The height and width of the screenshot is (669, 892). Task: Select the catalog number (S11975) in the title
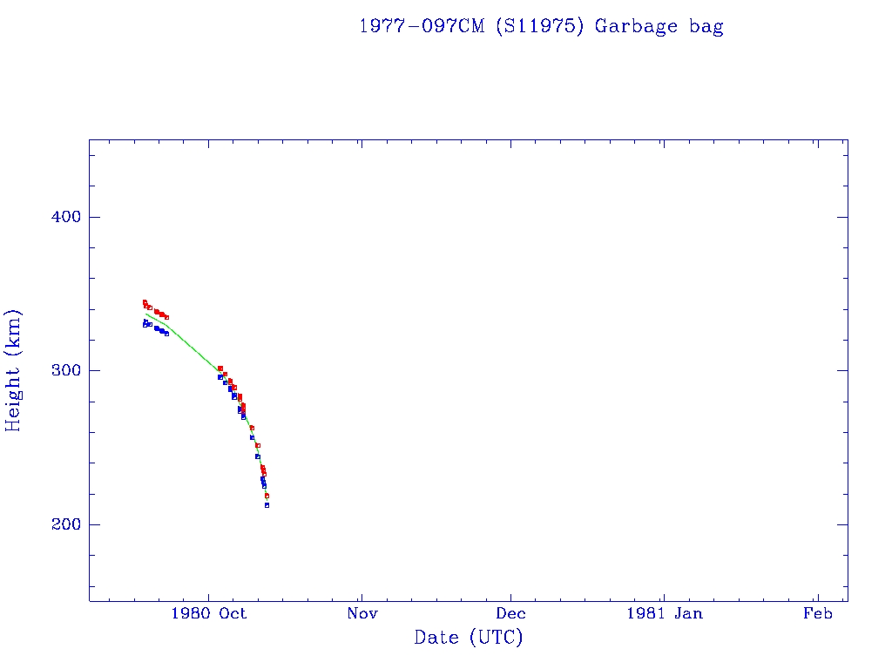(539, 26)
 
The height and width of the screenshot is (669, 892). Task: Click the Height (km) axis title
(14, 370)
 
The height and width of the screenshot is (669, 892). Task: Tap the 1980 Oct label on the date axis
(209, 614)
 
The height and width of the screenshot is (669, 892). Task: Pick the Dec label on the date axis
(511, 614)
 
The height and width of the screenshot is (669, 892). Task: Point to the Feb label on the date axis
(817, 614)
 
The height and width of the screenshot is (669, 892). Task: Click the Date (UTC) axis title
(469, 639)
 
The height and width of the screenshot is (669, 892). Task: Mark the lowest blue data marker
(267, 505)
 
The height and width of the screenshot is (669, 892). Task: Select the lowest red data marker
(267, 496)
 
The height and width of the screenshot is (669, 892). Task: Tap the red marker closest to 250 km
(258, 445)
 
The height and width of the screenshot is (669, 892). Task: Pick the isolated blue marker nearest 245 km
(257, 456)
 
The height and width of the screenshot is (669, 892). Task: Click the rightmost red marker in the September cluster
(166, 317)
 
